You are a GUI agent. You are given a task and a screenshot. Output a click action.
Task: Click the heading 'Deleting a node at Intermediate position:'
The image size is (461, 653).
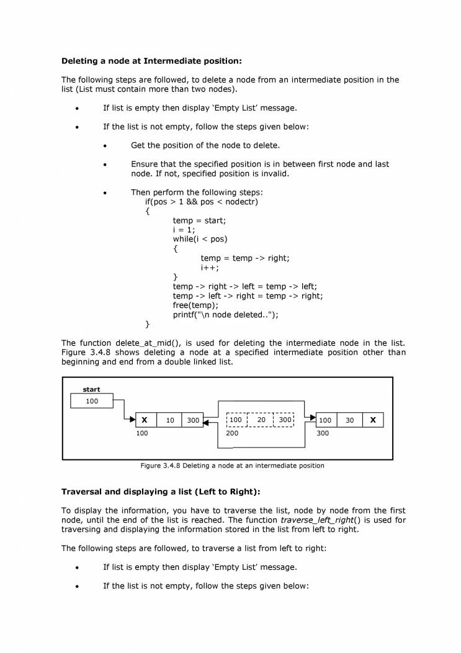tap(151, 61)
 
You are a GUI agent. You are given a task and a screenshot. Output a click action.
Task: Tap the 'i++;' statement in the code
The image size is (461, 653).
tap(210, 268)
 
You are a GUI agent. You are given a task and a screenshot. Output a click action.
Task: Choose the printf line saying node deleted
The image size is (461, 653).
tap(225, 315)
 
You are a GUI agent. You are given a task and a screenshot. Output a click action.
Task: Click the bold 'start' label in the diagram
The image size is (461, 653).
tap(91, 390)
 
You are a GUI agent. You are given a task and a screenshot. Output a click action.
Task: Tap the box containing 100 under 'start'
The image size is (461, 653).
tap(92, 402)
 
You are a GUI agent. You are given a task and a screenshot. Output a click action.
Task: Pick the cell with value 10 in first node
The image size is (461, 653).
tap(169, 420)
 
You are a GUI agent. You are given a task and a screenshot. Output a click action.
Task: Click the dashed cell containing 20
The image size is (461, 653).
tap(261, 420)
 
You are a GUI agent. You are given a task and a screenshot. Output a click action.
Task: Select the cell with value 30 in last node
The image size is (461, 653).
tap(349, 420)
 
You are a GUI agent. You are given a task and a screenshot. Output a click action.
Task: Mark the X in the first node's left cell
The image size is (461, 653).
tap(145, 420)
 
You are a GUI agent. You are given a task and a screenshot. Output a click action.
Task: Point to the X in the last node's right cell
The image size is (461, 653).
tap(373, 420)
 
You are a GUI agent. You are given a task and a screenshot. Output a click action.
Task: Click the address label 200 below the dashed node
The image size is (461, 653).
tap(232, 433)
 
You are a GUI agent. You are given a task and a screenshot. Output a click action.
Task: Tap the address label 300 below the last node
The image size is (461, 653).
tap(323, 433)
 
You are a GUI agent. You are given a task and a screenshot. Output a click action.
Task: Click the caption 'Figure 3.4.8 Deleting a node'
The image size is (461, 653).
tap(232, 466)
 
